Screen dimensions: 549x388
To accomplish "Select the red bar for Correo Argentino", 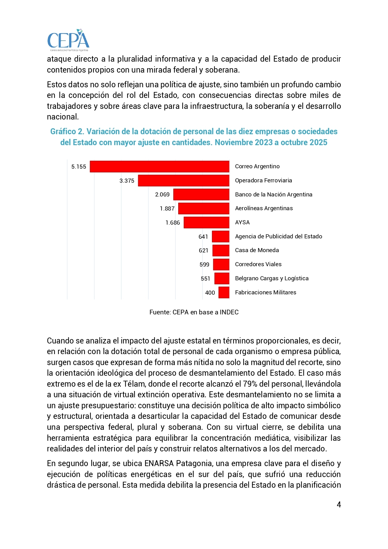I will [159, 166].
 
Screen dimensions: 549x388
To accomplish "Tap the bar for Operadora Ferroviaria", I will [184, 180].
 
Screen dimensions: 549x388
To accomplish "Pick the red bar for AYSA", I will [206, 222].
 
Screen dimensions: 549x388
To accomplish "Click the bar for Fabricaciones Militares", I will [224, 292].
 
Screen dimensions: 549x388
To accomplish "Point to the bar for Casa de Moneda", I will [221, 251].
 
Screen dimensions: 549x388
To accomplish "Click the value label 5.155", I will [79, 167].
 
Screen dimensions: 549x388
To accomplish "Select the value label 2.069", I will [162, 195].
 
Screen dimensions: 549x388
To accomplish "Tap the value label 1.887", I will [167, 209].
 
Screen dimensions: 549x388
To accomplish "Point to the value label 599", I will [204, 265].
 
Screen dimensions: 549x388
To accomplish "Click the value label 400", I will [210, 293].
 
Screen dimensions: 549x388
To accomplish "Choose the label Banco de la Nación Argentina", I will [274, 195].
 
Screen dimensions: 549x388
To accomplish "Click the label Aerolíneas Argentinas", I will [264, 208].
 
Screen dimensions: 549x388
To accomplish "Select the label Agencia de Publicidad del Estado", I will [279, 236].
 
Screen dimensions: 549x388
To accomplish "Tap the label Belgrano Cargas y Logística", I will [272, 278].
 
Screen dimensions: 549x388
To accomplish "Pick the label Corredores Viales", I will [258, 264].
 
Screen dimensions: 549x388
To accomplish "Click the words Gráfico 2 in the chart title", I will [67, 131].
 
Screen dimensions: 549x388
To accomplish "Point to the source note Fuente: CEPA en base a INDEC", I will [194, 312].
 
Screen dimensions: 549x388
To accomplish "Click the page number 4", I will [339, 505].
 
